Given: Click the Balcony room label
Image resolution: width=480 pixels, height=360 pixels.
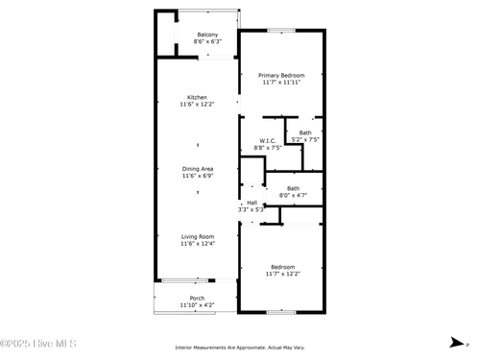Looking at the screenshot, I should (207, 35).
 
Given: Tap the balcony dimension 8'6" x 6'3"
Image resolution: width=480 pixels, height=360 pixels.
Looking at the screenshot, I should (207, 42).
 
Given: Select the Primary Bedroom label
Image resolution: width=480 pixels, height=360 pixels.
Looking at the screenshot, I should (281, 75).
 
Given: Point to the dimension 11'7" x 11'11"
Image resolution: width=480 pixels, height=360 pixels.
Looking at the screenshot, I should (281, 83).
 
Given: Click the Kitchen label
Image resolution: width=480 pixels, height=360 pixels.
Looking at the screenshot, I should (197, 97).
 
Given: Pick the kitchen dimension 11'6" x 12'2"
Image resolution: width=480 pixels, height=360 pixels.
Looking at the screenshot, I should (197, 104).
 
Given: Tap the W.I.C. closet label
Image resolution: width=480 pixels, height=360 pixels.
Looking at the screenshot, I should (268, 141).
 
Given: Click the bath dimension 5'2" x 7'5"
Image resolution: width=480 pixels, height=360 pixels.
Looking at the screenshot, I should (305, 140).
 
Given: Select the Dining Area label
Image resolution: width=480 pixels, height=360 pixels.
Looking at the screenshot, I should (198, 169).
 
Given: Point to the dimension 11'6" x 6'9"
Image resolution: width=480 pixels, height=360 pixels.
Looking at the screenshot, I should (198, 177).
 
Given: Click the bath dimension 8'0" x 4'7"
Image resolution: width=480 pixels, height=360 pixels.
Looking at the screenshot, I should (293, 196).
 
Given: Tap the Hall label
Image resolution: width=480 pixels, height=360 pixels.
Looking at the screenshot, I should (252, 203).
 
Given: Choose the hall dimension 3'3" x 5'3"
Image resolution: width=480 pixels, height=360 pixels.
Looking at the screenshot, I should (252, 209).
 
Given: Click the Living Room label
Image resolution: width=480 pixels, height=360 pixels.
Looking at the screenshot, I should (198, 236).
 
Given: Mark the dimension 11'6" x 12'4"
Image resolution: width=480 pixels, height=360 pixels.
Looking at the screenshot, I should (198, 244).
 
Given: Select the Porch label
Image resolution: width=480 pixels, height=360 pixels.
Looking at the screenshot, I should (197, 298).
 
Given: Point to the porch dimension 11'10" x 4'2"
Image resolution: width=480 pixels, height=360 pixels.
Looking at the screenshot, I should (197, 305).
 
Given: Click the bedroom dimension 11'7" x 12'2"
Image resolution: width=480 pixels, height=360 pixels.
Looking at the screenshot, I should (283, 274).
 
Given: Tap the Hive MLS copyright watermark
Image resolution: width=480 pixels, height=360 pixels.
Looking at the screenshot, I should (38, 344).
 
